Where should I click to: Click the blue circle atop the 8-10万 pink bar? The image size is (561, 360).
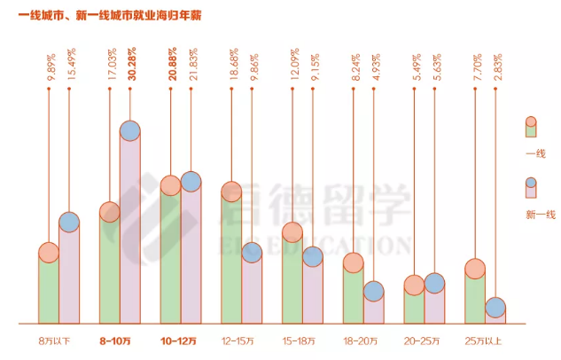(129, 131)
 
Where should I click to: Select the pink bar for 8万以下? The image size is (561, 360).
(69, 275)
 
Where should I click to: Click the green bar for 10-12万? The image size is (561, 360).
(170, 257)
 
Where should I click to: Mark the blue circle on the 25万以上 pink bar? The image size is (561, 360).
(495, 308)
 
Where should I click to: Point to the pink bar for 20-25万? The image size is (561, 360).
(434, 304)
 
